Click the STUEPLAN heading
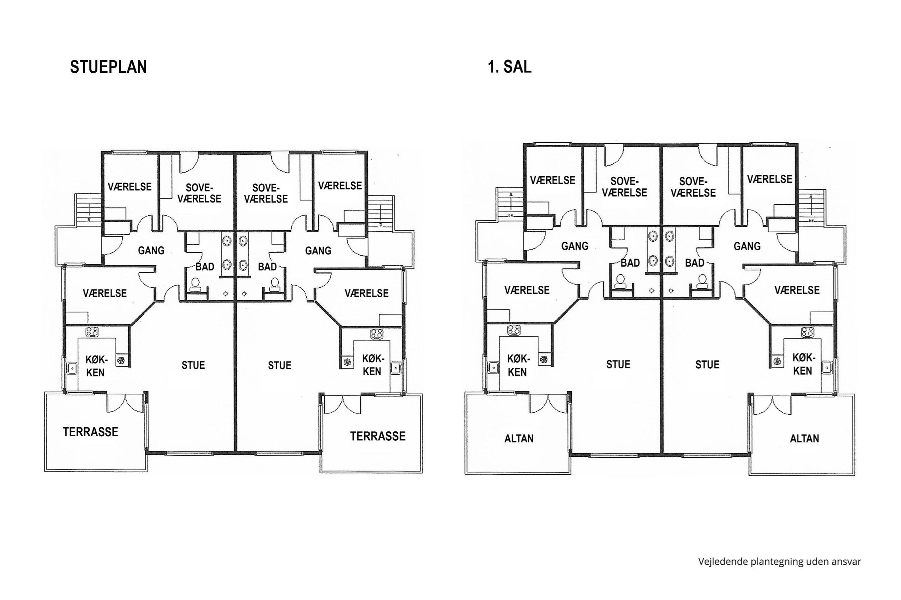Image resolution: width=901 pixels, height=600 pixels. point(108,67)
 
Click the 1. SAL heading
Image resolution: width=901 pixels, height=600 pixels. point(509,67)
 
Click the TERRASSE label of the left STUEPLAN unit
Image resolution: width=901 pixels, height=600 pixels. point(90,432)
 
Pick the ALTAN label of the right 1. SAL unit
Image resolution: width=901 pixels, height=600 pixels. point(804,439)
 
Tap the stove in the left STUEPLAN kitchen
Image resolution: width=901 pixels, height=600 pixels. point(92,332)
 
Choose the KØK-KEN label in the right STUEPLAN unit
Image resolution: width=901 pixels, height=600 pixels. point(372,365)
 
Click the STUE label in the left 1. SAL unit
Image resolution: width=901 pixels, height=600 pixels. point(618,364)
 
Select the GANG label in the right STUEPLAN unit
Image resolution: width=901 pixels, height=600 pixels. point(318,251)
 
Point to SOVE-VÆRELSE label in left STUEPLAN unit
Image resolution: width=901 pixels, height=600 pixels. point(199,193)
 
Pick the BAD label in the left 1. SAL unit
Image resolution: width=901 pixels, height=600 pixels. point(630,263)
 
